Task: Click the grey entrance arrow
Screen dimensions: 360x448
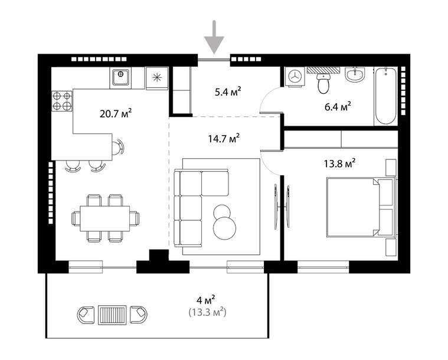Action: [x=214, y=37]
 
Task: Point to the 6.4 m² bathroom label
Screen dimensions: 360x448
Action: [x=338, y=106]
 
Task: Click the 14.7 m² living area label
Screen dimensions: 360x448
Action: [x=223, y=139]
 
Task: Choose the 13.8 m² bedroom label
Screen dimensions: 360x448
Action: [x=341, y=163]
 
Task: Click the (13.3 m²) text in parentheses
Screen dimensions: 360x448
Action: [x=207, y=312]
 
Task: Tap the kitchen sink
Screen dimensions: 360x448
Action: [x=120, y=77]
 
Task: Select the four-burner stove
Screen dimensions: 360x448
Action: [x=62, y=101]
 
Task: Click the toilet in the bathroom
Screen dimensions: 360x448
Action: [x=323, y=84]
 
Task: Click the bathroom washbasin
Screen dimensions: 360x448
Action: [x=355, y=76]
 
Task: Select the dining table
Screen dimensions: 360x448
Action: [x=105, y=218]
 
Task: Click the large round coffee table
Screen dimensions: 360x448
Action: [x=225, y=227]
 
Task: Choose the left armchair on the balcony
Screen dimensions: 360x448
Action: [x=86, y=313]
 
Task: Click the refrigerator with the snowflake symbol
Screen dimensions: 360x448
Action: [x=156, y=78]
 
